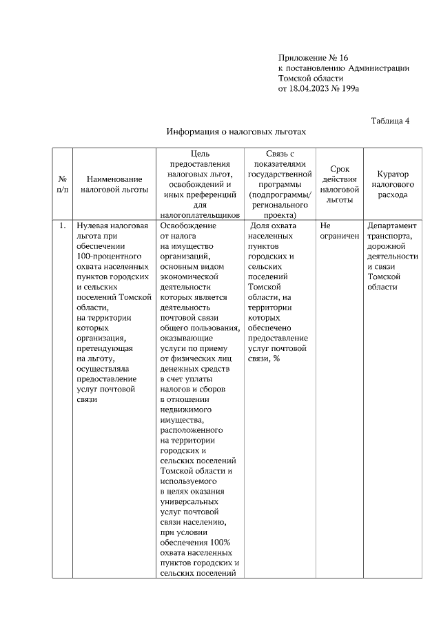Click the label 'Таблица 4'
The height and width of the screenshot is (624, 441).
point(391,121)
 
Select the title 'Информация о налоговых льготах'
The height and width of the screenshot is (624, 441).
point(235,130)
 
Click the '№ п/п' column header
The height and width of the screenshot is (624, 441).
point(62,183)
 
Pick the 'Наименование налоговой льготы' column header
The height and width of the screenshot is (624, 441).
point(114,183)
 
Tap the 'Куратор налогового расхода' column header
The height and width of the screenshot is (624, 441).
point(392,183)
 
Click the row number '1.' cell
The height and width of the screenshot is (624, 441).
point(62,225)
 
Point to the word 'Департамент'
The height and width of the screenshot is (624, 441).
point(392,225)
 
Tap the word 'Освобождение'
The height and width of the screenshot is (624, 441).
point(188,225)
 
